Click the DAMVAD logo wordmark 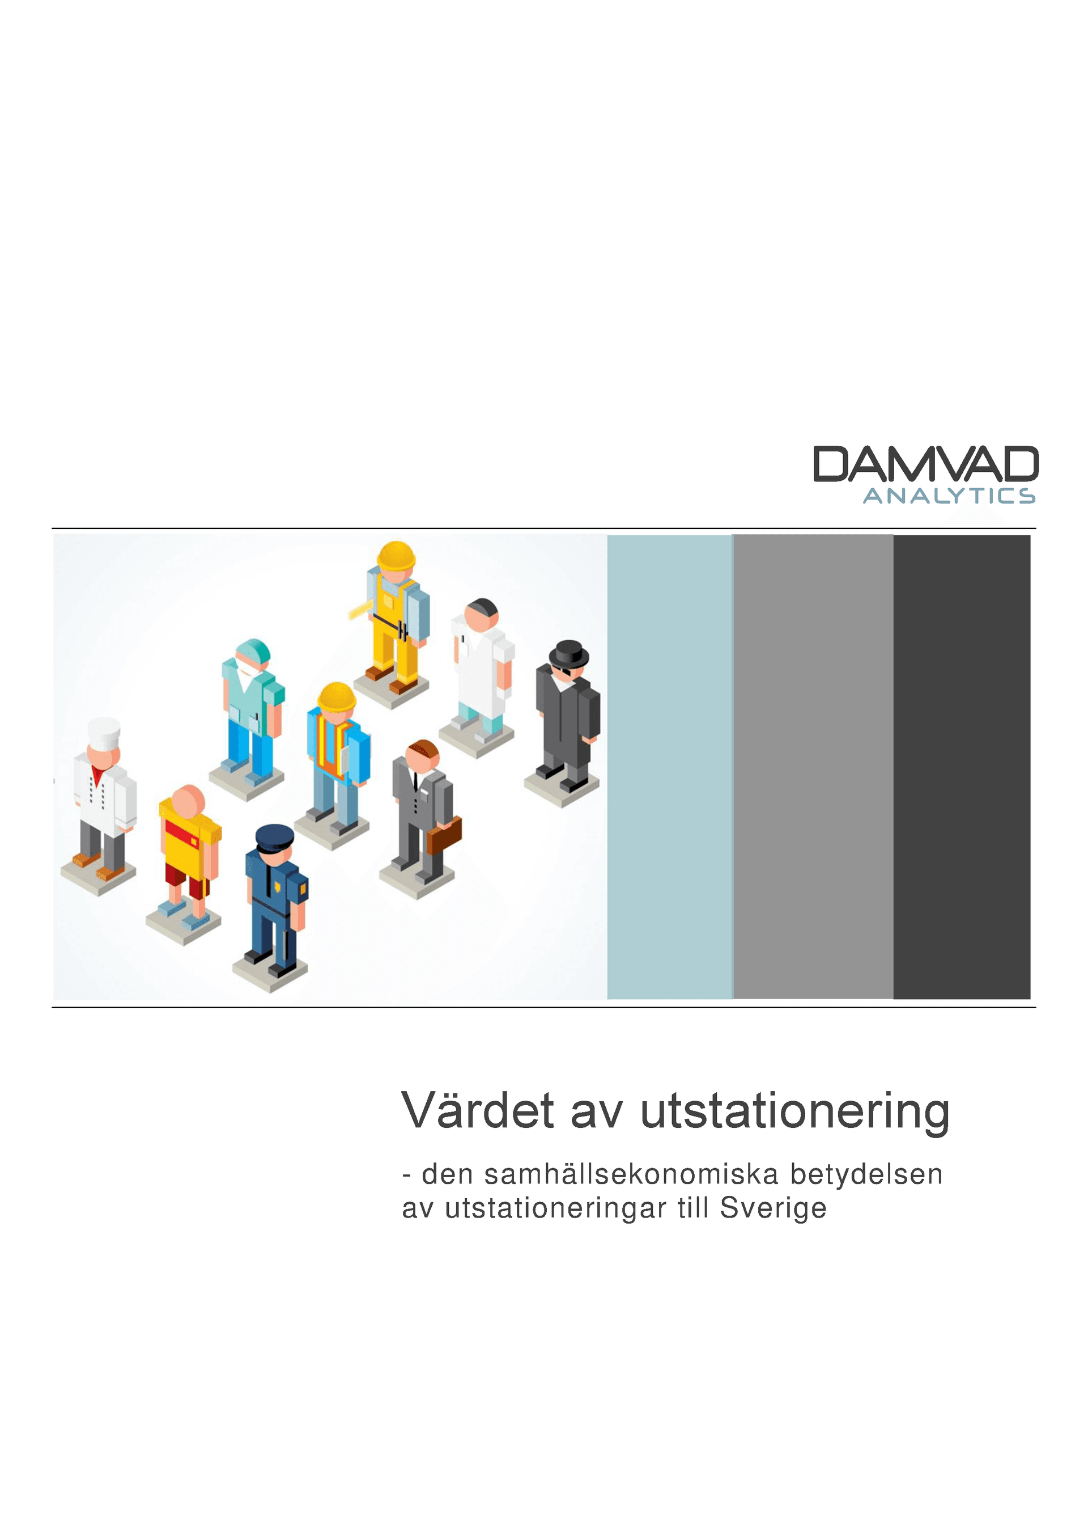(925, 464)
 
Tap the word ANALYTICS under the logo (949, 496)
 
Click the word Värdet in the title (478, 1111)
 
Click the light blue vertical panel (669, 767)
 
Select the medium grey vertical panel (813, 767)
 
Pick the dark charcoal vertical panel (962, 767)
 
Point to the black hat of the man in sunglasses (569, 652)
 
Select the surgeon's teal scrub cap (253, 651)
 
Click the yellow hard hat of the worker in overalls (396, 556)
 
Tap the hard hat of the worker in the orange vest (336, 697)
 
